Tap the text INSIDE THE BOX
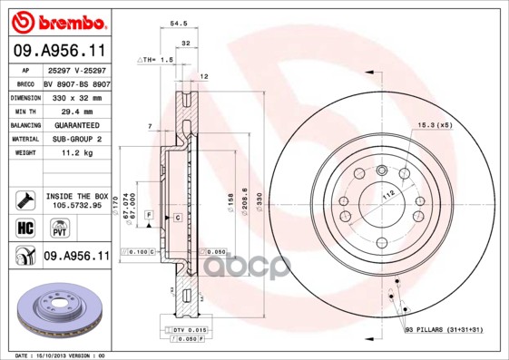coord(75,196)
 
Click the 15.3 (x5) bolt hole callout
coord(435,124)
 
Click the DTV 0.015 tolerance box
coord(185,328)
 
